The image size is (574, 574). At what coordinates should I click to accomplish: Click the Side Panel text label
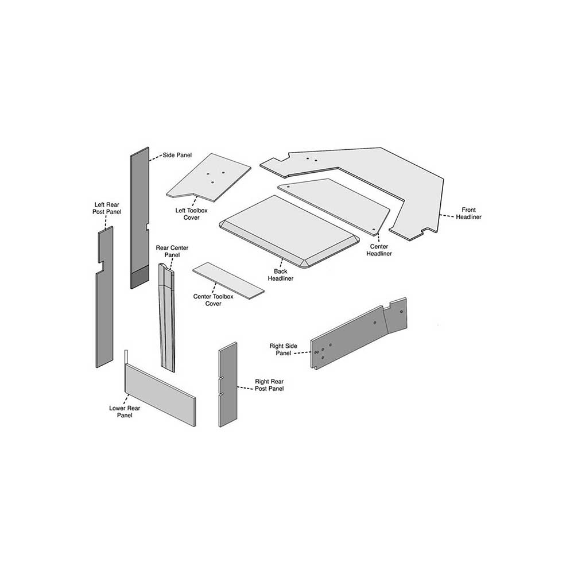(x=177, y=155)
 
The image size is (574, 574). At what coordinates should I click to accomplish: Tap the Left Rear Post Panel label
(x=107, y=208)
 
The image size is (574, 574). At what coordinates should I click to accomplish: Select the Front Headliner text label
(x=468, y=214)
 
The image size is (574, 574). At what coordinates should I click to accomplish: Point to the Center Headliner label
(x=379, y=250)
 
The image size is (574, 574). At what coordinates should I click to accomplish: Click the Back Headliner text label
(x=281, y=275)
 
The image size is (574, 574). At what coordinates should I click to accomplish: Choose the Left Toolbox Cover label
(x=192, y=214)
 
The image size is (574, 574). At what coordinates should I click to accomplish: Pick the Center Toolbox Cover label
(x=213, y=300)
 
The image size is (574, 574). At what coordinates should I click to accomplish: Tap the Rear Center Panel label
(x=172, y=251)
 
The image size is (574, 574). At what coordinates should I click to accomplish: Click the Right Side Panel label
(x=284, y=350)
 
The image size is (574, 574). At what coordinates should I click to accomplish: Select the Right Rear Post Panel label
(x=269, y=385)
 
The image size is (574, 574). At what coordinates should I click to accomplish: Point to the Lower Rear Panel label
(x=125, y=412)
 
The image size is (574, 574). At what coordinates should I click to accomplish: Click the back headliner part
(x=289, y=232)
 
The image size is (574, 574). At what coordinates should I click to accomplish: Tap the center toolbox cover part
(x=228, y=281)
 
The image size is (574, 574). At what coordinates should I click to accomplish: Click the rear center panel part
(x=167, y=318)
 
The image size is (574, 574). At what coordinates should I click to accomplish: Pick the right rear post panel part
(x=228, y=385)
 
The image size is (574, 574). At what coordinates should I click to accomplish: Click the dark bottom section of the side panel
(x=139, y=277)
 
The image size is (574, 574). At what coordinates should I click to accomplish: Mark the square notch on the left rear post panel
(x=100, y=267)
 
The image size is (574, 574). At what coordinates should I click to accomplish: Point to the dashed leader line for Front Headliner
(x=447, y=215)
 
